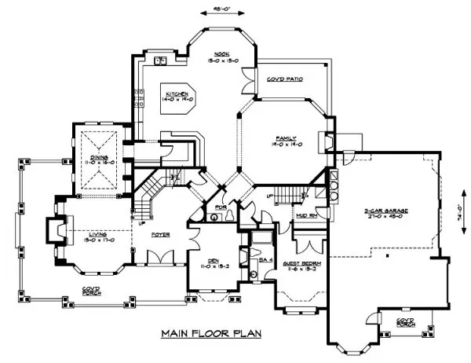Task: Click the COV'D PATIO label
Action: tap(285, 79)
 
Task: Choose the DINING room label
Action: tap(102, 159)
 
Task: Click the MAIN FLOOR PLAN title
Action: tap(211, 333)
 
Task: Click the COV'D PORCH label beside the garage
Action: tap(405, 323)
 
